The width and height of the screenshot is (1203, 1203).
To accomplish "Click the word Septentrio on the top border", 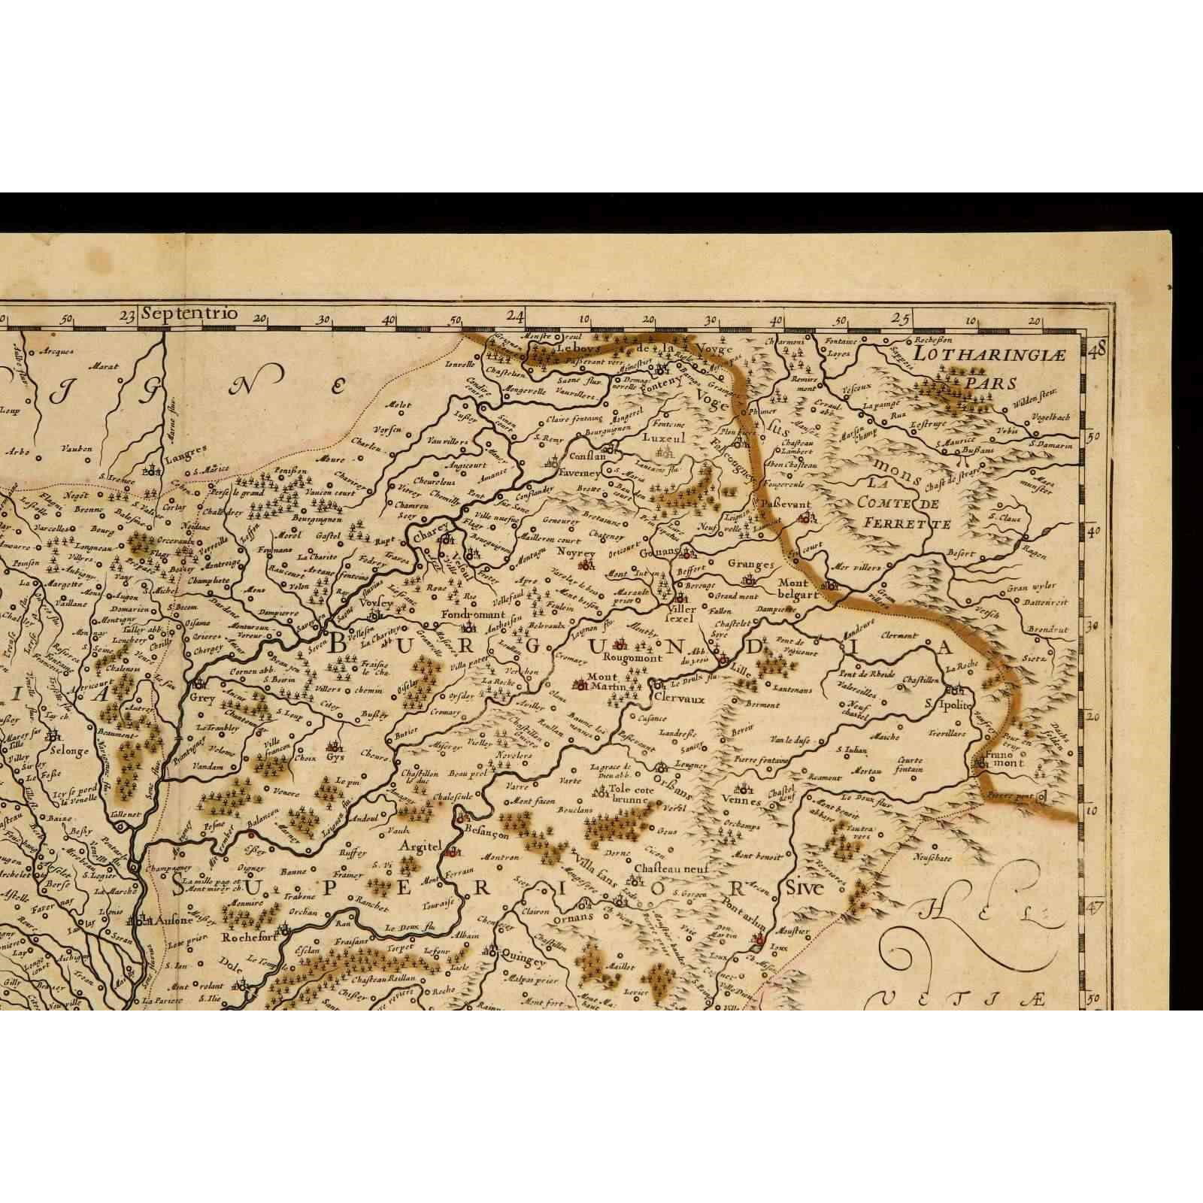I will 189,314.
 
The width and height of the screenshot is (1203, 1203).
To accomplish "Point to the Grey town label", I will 203,698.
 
